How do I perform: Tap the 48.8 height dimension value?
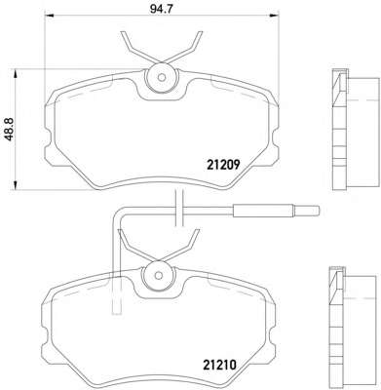pyautogui.click(x=10, y=130)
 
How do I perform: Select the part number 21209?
pyautogui.click(x=223, y=165)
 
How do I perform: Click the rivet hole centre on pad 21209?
pyautogui.click(x=162, y=77)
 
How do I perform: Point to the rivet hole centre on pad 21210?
pyautogui.click(x=159, y=276)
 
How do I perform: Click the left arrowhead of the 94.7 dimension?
pyautogui.click(x=49, y=15)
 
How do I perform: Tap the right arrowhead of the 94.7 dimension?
pyautogui.click(x=274, y=15)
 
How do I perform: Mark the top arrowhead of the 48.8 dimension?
pyautogui.click(x=15, y=75)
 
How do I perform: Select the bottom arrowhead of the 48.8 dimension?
pyautogui.click(x=15, y=184)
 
